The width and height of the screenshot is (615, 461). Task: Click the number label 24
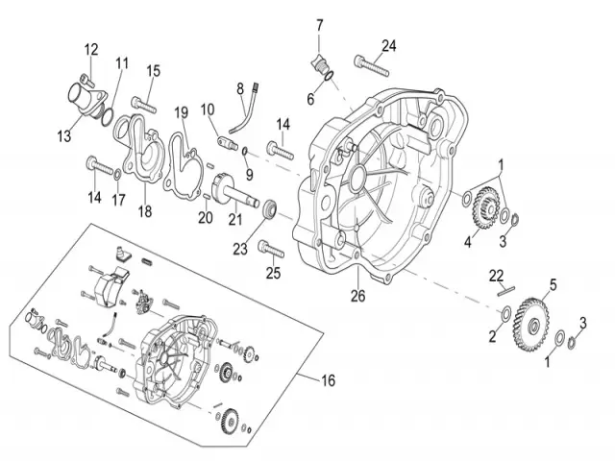point(388,45)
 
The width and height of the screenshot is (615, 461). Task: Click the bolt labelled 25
point(270,251)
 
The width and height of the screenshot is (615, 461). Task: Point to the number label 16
point(329,381)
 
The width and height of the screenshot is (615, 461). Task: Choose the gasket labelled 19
point(182,152)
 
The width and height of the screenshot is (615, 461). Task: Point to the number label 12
point(91,49)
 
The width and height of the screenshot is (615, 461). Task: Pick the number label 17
point(119,200)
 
